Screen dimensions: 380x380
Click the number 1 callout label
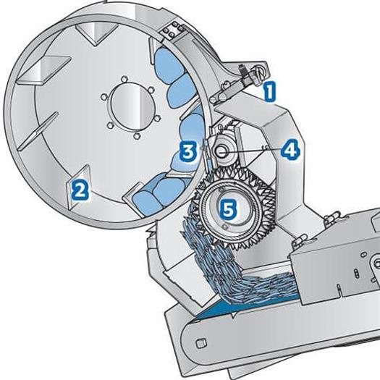pyautogui.click(x=270, y=91)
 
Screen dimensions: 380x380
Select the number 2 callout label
pyautogui.click(x=80, y=190)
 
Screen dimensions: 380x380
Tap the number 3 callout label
pyautogui.click(x=188, y=151)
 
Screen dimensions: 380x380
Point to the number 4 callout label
pyautogui.click(x=290, y=150)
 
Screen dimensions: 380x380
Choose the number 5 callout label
pyautogui.click(x=228, y=209)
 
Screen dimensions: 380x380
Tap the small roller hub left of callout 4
pyautogui.click(x=221, y=152)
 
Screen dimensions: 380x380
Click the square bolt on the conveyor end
pyautogui.click(x=201, y=343)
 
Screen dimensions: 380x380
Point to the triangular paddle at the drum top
pyautogui.click(x=96, y=33)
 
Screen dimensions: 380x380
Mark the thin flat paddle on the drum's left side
pyautogui.click(x=38, y=131)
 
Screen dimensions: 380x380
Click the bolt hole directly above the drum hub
pyautogui.click(x=124, y=79)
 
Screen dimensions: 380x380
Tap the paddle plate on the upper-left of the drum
pyautogui.click(x=44, y=69)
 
